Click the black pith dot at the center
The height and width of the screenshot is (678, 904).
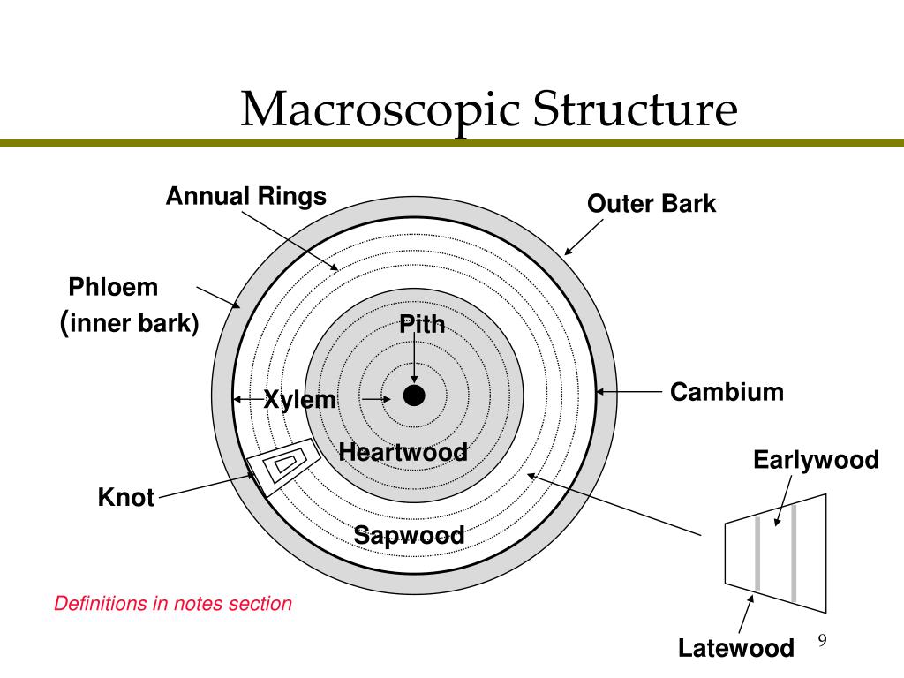[x=414, y=395]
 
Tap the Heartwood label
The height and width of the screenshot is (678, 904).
[x=403, y=453]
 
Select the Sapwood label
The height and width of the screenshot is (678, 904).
[x=409, y=534]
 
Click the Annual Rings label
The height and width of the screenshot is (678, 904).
[x=246, y=196]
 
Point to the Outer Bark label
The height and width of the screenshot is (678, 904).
[x=652, y=204]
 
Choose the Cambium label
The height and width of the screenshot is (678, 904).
[x=727, y=392]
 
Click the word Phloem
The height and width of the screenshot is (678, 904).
[x=113, y=288]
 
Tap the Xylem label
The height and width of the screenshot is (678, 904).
[x=300, y=400]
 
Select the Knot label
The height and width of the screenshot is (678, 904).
[x=126, y=498]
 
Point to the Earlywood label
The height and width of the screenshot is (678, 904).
[x=816, y=460]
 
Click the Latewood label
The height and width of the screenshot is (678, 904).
[x=735, y=649]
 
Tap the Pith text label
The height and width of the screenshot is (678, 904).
[x=422, y=324]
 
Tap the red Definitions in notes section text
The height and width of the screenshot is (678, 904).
[x=173, y=604]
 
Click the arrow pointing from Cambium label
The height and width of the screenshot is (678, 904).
[x=630, y=392]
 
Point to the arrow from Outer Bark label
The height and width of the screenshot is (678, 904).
[x=584, y=237]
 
